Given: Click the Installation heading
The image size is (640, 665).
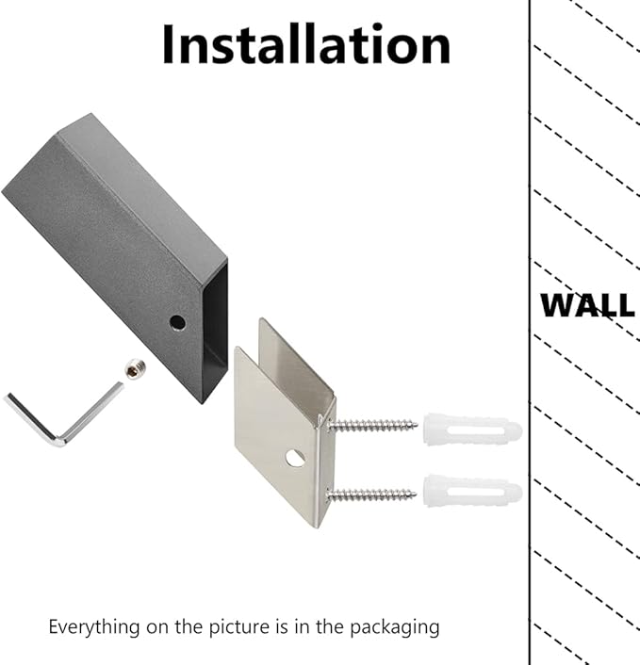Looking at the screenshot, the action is (x=306, y=44).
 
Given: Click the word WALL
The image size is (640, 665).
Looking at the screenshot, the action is (x=588, y=305).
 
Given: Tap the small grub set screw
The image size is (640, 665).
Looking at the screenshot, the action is (x=136, y=369).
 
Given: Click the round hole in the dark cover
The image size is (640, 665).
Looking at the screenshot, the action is (x=177, y=323).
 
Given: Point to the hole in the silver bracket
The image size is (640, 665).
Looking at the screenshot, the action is (x=295, y=459).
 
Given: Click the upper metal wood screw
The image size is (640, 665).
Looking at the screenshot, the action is (x=372, y=425).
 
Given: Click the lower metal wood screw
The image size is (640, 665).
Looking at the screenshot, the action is (x=371, y=495).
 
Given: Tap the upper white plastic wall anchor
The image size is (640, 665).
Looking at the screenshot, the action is (x=472, y=430).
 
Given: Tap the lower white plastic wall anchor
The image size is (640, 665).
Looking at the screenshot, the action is (x=472, y=491).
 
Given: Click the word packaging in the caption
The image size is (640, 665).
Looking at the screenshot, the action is (x=395, y=627).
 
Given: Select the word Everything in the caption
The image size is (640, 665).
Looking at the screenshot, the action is (x=94, y=627).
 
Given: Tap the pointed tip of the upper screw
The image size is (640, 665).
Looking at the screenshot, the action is (x=417, y=424).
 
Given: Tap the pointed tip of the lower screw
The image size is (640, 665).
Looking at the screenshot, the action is (x=416, y=494).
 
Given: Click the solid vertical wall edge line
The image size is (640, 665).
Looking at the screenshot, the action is (x=530, y=332).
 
